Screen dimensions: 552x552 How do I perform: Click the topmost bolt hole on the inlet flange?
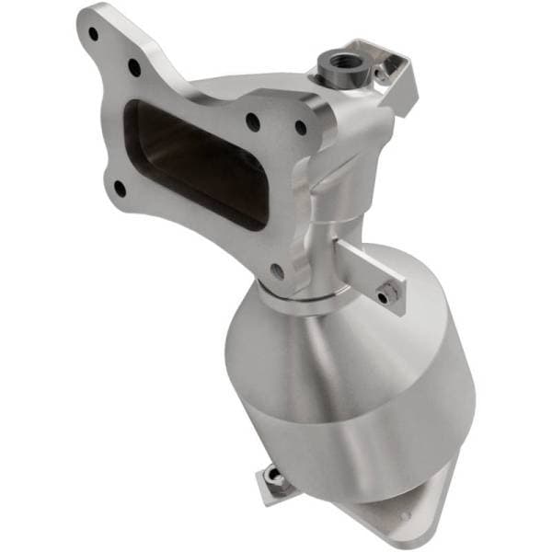tap(93, 33)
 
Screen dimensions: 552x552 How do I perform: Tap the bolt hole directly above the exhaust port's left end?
tap(135, 67)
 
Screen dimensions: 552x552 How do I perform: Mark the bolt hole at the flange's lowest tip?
tap(277, 270)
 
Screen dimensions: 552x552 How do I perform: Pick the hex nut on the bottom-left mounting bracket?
tap(270, 474)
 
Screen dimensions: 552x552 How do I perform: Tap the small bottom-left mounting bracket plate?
tap(267, 483)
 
